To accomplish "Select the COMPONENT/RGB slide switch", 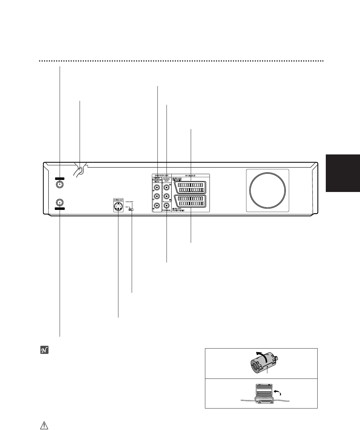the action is [131, 209].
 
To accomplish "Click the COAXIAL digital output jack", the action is [167, 206].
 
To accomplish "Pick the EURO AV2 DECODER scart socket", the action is [190, 187].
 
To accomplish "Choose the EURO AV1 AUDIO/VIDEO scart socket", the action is [190, 201].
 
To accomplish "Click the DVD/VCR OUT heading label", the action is [161, 175].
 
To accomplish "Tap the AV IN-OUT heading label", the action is [191, 175].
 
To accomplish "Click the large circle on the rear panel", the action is [267, 190].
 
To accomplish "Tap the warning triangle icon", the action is [44, 425].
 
